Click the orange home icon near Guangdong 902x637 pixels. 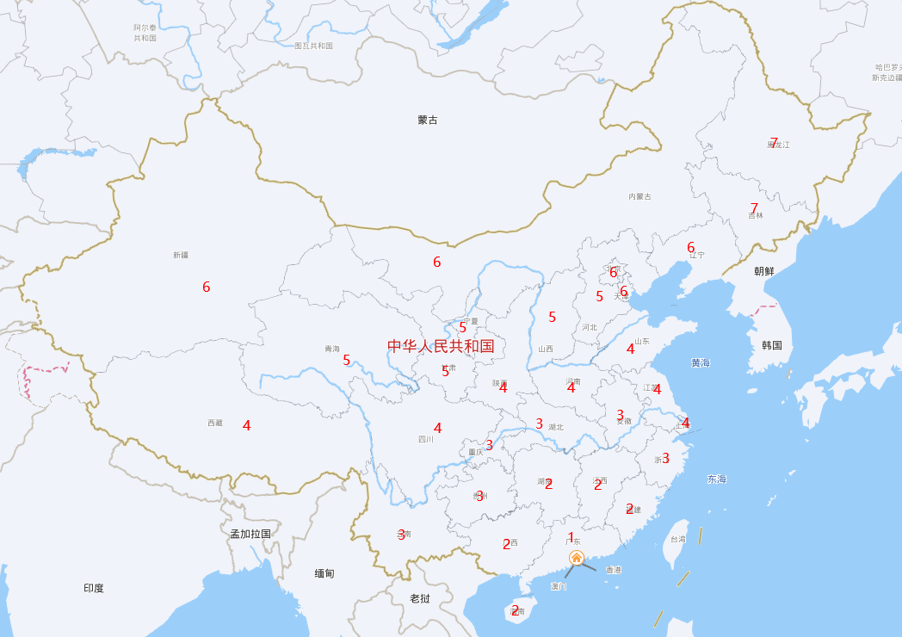tap(577, 558)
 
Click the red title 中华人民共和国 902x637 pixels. tap(441, 346)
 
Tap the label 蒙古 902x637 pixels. tap(428, 120)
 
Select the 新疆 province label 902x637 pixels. tap(180, 255)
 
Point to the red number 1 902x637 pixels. tap(571, 537)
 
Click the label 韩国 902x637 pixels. tap(771, 345)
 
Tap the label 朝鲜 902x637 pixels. tap(763, 271)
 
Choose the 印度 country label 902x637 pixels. tap(94, 588)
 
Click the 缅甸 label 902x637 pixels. tap(324, 572)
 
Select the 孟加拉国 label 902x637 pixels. tap(250, 534)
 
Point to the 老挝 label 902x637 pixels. tap(419, 598)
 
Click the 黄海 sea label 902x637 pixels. tap(701, 362)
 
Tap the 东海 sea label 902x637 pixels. tap(716, 479)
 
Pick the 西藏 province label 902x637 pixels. tap(215, 423)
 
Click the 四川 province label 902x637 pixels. tap(425, 439)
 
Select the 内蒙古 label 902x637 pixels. tap(639, 197)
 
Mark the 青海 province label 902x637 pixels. tap(331, 349)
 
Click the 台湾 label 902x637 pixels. tap(678, 539)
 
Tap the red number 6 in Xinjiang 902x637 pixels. tap(206, 288)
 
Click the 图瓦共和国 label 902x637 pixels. tap(313, 46)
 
